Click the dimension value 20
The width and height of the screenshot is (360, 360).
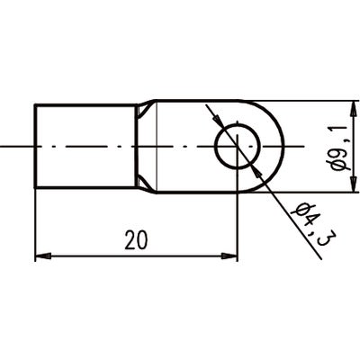point(137,239)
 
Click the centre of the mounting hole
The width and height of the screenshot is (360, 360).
point(238,146)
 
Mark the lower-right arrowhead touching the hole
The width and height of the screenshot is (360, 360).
point(258,167)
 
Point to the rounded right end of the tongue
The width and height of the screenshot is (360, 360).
point(280,146)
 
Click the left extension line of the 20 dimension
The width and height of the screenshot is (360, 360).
point(35,225)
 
